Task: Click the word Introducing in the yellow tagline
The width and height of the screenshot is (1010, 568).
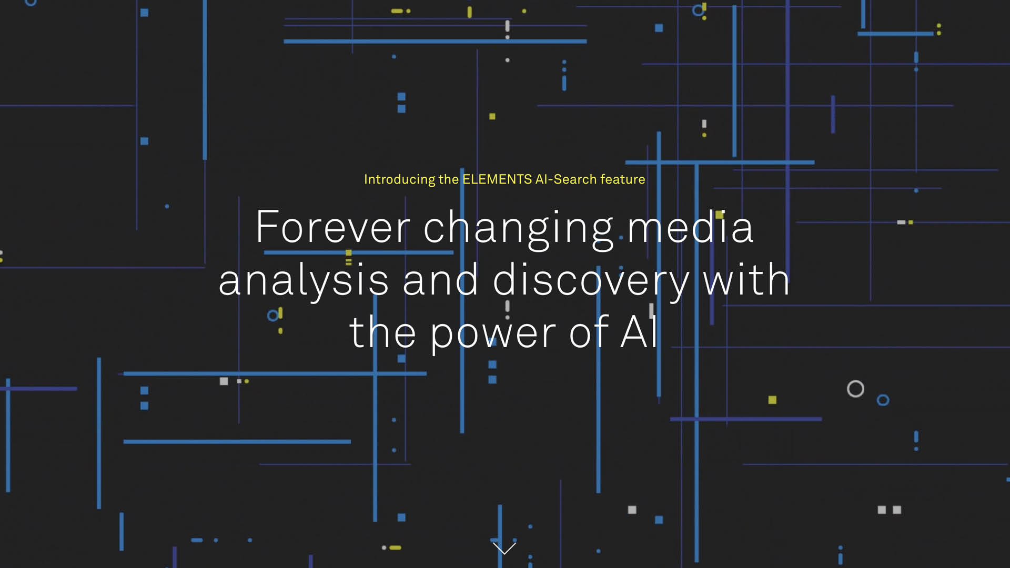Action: click(x=399, y=180)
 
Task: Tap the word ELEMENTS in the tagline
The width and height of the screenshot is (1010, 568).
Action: click(x=497, y=179)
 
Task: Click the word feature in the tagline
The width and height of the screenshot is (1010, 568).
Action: click(x=623, y=179)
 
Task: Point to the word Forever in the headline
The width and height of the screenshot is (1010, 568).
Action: click(x=333, y=227)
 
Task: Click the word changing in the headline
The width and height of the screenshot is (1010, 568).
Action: click(x=519, y=229)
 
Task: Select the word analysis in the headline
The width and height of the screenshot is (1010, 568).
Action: click(x=304, y=281)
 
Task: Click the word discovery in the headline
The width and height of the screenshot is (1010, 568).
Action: click(x=591, y=281)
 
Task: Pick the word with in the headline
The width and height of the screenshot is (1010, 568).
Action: click(x=746, y=279)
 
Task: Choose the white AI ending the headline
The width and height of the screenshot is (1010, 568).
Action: click(x=639, y=332)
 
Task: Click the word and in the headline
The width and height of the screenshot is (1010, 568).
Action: click(x=441, y=279)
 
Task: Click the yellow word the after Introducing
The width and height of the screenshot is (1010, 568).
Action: click(x=449, y=179)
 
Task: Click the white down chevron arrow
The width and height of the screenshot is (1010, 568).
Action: click(x=504, y=548)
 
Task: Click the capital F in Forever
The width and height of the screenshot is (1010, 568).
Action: click(x=267, y=227)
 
